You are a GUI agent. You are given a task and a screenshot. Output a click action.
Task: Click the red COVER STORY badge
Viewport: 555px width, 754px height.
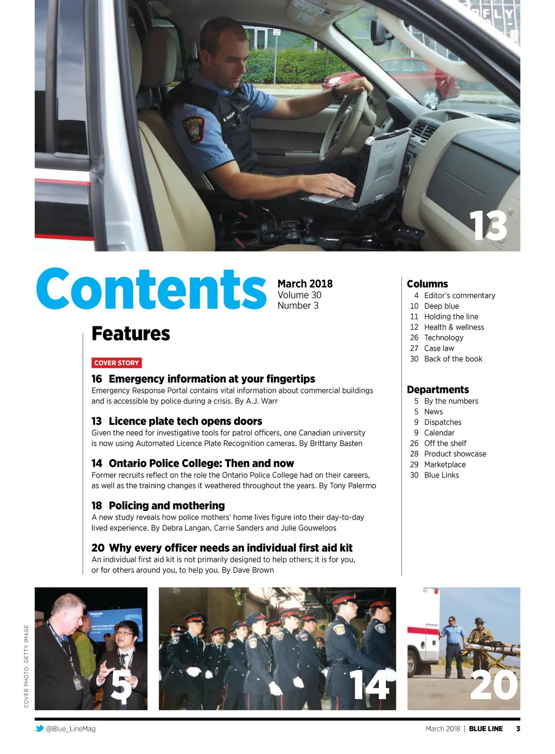[117, 363]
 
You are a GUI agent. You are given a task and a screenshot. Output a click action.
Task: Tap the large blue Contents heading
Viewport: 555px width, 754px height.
[151, 289]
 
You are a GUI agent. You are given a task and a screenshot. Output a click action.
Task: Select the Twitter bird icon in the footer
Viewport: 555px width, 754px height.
[40, 729]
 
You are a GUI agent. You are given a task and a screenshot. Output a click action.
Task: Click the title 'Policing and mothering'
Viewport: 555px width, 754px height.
[166, 505]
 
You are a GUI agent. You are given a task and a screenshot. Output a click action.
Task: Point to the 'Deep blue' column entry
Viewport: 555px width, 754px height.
[441, 306]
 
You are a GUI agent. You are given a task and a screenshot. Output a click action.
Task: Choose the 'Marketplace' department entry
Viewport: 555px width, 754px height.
[444, 465]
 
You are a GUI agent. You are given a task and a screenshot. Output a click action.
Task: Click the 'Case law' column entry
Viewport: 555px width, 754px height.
[439, 348]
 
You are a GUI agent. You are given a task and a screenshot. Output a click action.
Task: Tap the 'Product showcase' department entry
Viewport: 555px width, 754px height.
[455, 454]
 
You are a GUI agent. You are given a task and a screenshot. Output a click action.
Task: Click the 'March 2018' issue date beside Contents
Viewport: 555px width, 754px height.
[305, 283]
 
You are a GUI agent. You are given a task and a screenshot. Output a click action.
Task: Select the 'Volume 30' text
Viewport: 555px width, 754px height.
[299, 295]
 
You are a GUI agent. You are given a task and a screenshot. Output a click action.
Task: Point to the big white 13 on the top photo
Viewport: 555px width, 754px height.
[488, 226]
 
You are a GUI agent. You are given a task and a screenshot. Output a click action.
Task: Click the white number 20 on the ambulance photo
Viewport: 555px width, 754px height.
[493, 686]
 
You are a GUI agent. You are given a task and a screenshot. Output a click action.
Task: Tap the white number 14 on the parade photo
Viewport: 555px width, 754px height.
[369, 686]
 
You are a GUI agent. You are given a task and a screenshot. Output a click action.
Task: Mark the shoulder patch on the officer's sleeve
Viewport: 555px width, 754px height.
[193, 129]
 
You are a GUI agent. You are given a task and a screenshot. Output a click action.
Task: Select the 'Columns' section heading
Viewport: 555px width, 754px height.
[427, 284]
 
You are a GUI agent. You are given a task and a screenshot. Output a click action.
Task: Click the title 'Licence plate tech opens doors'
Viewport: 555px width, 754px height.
[185, 421]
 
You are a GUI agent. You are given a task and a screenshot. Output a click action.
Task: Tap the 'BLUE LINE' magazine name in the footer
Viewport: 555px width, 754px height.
[486, 729]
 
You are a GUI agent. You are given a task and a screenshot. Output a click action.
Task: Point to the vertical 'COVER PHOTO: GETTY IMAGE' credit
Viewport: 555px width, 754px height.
[26, 666]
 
